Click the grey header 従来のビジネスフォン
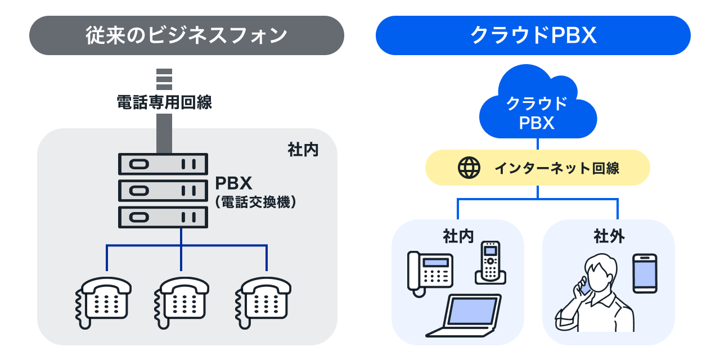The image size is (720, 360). coord(186,35)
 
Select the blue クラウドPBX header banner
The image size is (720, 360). coord(533,35)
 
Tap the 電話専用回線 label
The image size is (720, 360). coord(164,102)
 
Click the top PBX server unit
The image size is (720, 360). coord(163,164)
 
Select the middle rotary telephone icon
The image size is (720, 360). coord(181,300)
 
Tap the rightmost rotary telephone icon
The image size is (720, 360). coord(263,300)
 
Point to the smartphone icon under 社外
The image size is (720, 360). coord(645,273)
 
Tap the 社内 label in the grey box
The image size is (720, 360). coord(303,150)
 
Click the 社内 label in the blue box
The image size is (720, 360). coord(458,236)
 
